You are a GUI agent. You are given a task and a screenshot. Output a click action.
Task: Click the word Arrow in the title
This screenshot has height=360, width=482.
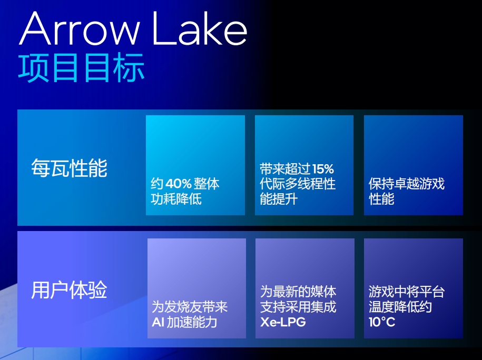click(x=80, y=28)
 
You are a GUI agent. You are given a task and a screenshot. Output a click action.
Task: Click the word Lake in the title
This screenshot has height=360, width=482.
click(x=200, y=28)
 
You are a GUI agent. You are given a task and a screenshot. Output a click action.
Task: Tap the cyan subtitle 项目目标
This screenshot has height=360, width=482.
click(x=81, y=68)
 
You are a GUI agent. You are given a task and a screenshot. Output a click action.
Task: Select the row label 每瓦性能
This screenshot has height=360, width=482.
click(x=69, y=168)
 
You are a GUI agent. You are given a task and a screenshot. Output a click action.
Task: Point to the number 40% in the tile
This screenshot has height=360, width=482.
click(x=179, y=184)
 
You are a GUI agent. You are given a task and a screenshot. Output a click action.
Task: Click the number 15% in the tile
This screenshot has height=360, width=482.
click(x=323, y=169)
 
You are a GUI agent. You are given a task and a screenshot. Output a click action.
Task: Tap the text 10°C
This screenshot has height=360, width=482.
click(x=382, y=322)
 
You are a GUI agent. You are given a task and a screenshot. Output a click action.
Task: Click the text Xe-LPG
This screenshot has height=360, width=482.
click(x=283, y=322)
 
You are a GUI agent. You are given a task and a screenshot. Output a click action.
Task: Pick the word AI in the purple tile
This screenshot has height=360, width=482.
click(x=158, y=322)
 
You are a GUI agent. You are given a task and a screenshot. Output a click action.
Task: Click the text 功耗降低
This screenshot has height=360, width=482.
click(x=176, y=199)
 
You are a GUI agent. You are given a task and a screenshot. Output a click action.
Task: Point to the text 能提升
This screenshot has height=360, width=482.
click(x=279, y=199)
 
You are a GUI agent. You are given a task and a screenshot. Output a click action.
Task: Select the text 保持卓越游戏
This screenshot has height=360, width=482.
click(x=406, y=184)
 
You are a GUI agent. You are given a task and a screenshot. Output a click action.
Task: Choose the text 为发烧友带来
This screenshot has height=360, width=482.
click(x=190, y=307)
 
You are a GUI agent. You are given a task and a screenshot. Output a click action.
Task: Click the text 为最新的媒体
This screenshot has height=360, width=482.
click(x=298, y=292)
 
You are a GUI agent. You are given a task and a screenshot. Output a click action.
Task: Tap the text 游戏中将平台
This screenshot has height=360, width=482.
click(x=406, y=292)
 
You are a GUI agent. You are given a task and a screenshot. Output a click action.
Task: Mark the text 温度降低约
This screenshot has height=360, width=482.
click(x=400, y=307)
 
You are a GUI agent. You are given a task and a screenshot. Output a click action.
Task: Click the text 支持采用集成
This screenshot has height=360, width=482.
click(x=298, y=307)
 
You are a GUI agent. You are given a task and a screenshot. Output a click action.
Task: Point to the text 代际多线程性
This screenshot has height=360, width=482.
click(x=298, y=184)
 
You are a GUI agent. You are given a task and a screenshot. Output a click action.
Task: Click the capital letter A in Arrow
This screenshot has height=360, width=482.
click(x=35, y=28)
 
